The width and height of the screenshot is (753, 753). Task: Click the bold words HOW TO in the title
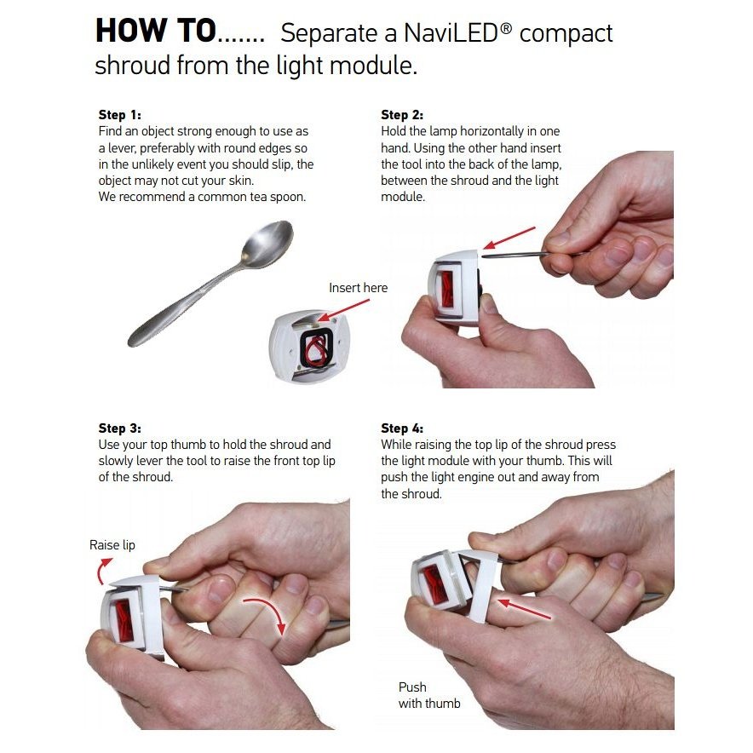point(156,31)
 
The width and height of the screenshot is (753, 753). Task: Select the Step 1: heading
point(119,115)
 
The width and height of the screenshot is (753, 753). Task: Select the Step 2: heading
point(402,115)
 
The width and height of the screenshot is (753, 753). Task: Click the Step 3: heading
point(119,428)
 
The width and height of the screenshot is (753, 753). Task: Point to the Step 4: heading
point(402,428)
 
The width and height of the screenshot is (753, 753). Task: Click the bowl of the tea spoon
point(267,243)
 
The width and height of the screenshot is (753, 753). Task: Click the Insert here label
point(359,288)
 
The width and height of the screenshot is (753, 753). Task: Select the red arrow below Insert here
point(344,310)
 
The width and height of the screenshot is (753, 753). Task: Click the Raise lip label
point(112,545)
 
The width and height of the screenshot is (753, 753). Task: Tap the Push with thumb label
point(429,695)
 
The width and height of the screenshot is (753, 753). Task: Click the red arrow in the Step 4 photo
point(525,608)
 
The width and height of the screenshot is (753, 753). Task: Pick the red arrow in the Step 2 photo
point(509,238)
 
